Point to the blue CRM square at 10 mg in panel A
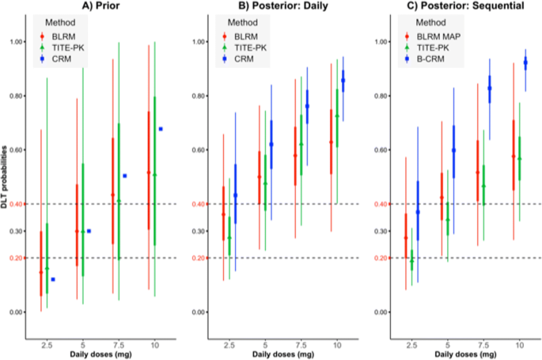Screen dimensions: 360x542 (x=161, y=129)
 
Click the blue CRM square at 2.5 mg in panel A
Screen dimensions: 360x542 (x=53, y=279)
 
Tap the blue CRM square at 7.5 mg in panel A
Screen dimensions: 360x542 (x=125, y=176)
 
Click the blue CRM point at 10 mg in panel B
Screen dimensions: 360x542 (x=343, y=80)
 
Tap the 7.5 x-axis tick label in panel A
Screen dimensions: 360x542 (x=119, y=346)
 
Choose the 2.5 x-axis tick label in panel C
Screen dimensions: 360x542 (x=411, y=346)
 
